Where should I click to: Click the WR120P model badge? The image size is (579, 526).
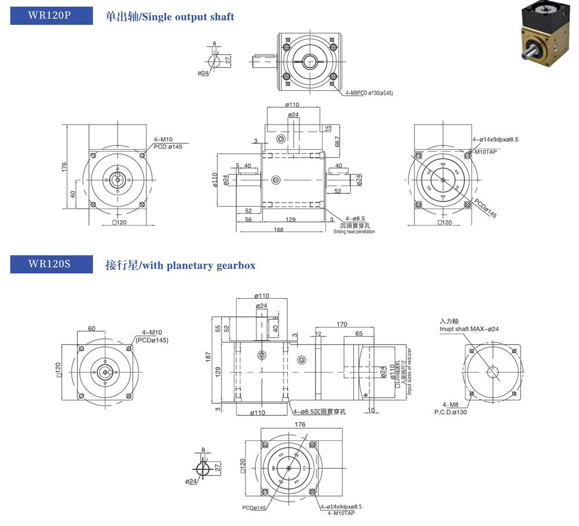click(52, 16)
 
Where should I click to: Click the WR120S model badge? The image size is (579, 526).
click(52, 264)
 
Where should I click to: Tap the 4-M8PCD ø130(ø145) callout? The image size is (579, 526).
click(369, 93)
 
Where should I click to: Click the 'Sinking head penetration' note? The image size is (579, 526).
click(354, 232)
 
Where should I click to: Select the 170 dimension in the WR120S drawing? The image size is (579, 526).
click(342, 324)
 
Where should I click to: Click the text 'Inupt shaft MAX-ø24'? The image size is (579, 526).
click(469, 328)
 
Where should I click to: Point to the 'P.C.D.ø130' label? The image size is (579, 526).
click(450, 412)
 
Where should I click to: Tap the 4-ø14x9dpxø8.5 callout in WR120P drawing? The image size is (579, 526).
click(495, 140)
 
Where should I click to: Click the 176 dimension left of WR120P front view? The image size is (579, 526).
click(65, 166)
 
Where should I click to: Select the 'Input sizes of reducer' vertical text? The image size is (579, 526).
click(409, 371)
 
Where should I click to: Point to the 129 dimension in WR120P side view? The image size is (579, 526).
click(291, 220)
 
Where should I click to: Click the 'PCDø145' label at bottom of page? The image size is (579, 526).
click(254, 508)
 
